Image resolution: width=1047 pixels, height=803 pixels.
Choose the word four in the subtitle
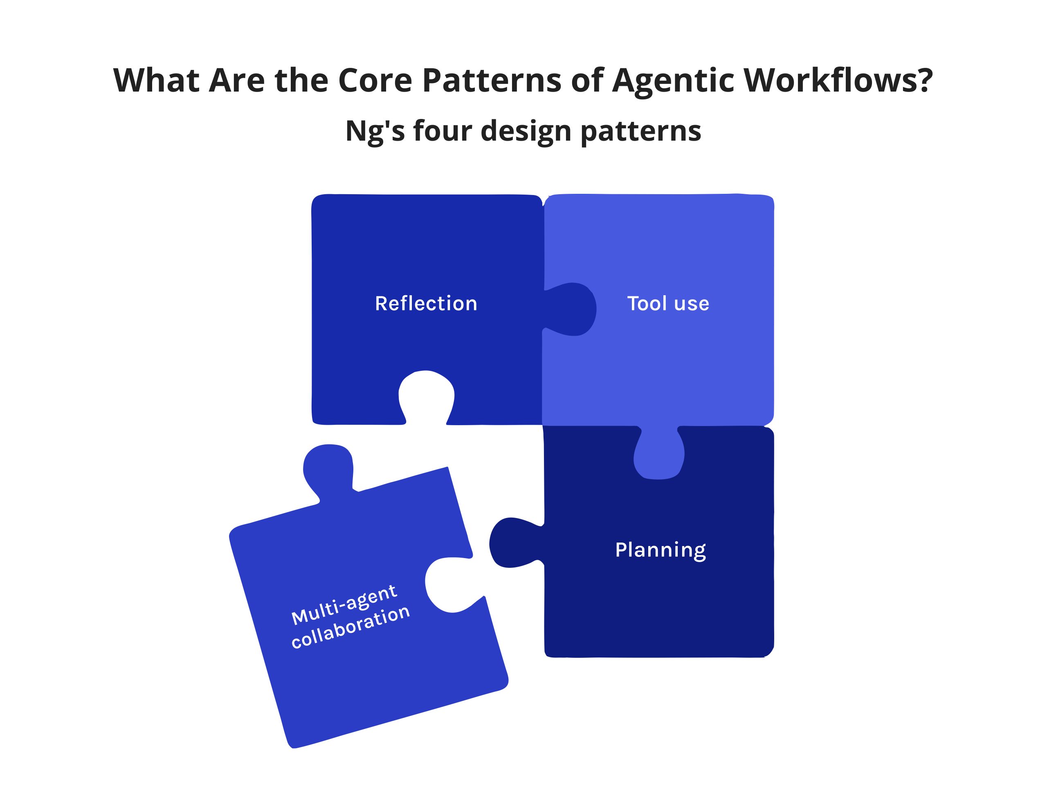pos(442,130)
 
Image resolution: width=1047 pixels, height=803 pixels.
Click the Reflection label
pos(426,303)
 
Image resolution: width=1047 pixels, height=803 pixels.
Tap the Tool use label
pos(668,303)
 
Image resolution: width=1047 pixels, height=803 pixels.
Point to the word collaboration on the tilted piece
pos(351,627)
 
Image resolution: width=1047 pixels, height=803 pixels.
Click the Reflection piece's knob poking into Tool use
pos(571,309)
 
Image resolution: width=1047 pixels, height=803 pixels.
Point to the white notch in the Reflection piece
pos(426,397)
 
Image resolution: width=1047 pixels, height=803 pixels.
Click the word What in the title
pos(156,80)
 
